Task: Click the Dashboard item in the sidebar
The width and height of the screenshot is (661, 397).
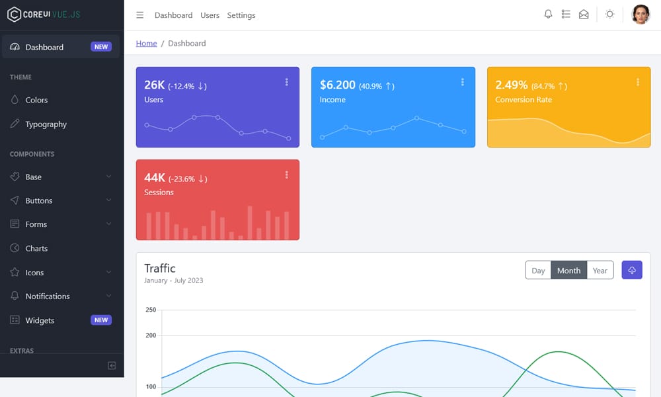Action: (x=44, y=47)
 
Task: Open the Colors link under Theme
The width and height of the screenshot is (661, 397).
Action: (x=36, y=100)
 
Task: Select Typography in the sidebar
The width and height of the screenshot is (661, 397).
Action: (x=46, y=124)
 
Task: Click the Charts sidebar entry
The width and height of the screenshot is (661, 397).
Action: (x=36, y=249)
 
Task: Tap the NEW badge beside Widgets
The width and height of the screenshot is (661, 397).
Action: (x=101, y=320)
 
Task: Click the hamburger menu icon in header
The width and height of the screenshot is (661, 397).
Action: (x=139, y=15)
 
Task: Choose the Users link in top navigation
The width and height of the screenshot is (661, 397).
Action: (x=210, y=15)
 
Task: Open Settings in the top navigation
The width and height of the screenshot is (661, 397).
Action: (x=241, y=15)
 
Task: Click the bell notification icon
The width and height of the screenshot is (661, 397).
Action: (x=548, y=15)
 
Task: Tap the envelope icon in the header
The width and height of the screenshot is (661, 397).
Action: (x=584, y=15)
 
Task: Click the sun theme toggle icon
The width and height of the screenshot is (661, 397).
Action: (x=609, y=15)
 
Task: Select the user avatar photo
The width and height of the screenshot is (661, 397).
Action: (x=641, y=15)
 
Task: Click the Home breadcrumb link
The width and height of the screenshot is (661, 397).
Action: (x=146, y=44)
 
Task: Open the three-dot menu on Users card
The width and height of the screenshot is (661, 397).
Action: (x=286, y=82)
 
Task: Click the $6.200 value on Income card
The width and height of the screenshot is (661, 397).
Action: (x=337, y=85)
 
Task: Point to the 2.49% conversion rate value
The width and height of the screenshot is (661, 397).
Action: (x=511, y=85)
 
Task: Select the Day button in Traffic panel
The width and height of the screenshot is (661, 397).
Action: (x=538, y=271)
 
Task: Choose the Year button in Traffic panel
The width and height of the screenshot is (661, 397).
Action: (x=600, y=271)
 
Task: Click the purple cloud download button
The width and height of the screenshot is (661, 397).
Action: (x=632, y=270)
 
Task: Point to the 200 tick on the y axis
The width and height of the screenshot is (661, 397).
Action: (x=151, y=335)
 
